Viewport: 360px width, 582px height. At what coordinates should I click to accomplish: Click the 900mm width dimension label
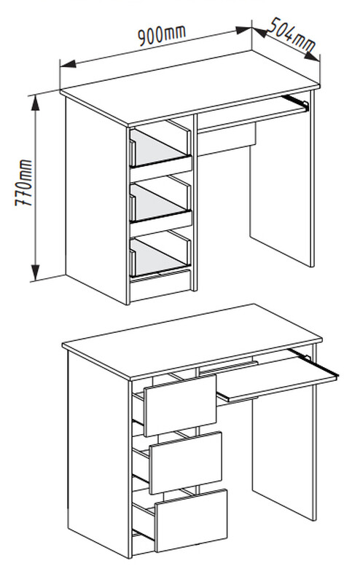click(x=161, y=35)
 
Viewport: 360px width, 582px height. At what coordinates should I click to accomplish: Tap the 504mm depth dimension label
click(x=291, y=34)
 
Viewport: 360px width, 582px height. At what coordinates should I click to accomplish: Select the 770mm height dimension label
click(x=24, y=183)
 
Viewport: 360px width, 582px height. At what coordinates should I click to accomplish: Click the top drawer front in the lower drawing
click(x=180, y=405)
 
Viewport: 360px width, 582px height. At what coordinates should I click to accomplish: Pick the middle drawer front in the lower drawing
click(x=185, y=463)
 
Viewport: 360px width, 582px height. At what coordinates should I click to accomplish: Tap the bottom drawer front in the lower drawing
click(x=191, y=520)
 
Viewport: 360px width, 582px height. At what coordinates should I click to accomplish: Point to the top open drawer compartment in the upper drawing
click(x=160, y=146)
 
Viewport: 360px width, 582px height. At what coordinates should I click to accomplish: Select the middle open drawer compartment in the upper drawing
click(x=160, y=200)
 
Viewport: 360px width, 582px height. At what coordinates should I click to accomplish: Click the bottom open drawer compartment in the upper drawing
click(x=160, y=255)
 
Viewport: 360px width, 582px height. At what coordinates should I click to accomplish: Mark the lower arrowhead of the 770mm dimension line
click(x=35, y=273)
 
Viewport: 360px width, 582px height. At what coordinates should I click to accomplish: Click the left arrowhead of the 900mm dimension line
click(x=68, y=63)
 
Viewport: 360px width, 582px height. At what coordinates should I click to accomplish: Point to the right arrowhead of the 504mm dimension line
click(x=312, y=55)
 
